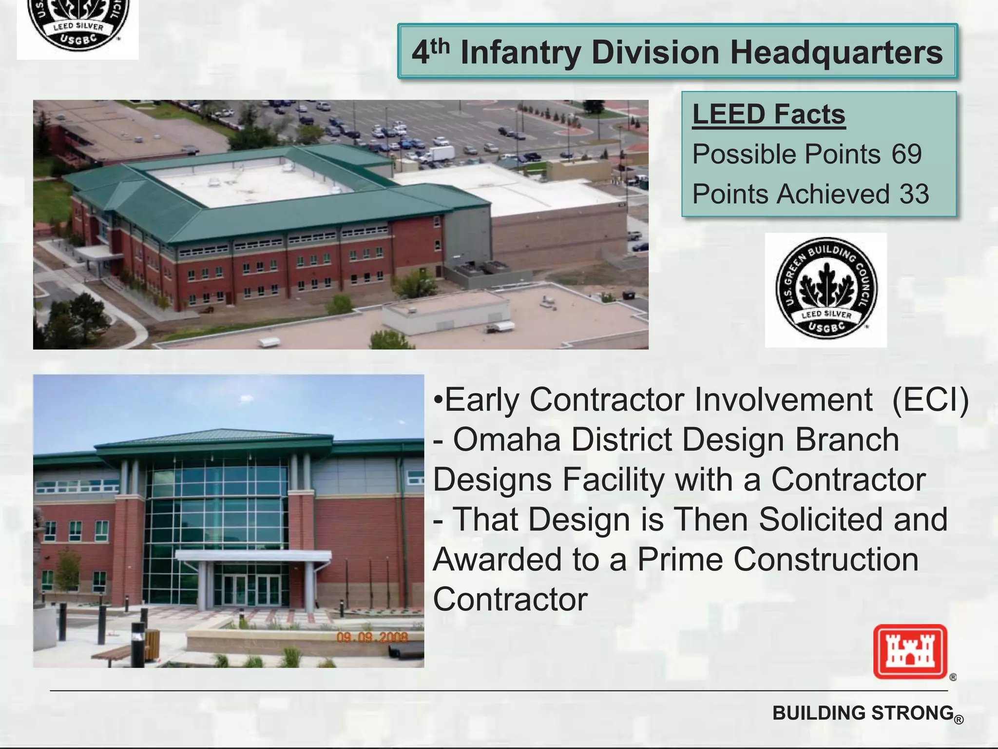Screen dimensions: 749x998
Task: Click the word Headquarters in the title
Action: [836, 53]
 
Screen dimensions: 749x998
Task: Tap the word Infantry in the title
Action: [520, 53]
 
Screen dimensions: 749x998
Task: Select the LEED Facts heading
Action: [768, 115]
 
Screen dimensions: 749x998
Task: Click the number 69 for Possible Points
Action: [906, 154]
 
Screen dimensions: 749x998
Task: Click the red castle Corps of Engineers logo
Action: [910, 651]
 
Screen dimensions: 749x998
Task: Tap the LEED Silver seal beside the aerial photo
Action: [826, 289]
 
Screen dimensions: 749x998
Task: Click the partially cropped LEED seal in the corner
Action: [78, 24]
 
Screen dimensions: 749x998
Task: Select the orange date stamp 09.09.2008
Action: [372, 637]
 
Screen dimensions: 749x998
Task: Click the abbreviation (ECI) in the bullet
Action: [930, 400]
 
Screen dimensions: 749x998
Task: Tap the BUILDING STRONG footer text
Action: [863, 713]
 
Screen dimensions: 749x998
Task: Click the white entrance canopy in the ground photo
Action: [253, 556]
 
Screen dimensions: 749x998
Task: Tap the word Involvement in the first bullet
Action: [783, 400]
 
